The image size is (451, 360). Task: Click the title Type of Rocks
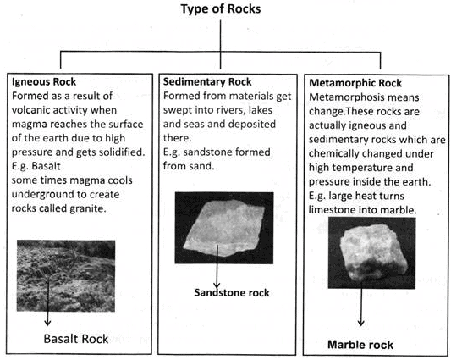click(x=221, y=9)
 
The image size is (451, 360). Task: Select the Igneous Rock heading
click(x=44, y=82)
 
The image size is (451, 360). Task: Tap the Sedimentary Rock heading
click(x=207, y=82)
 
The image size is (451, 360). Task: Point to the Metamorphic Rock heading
click(x=355, y=83)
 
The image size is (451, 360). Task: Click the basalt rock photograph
click(x=66, y=275)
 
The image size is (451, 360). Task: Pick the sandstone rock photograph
click(x=224, y=228)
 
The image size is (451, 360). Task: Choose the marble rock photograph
click(x=372, y=253)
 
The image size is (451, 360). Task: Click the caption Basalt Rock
click(x=76, y=339)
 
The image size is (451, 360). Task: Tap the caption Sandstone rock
click(x=232, y=292)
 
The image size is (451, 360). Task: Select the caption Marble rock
click(x=360, y=345)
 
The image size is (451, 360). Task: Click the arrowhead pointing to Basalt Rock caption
click(x=47, y=323)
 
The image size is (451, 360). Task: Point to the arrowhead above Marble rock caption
click(x=361, y=323)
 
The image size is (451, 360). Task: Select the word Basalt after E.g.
click(x=46, y=166)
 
